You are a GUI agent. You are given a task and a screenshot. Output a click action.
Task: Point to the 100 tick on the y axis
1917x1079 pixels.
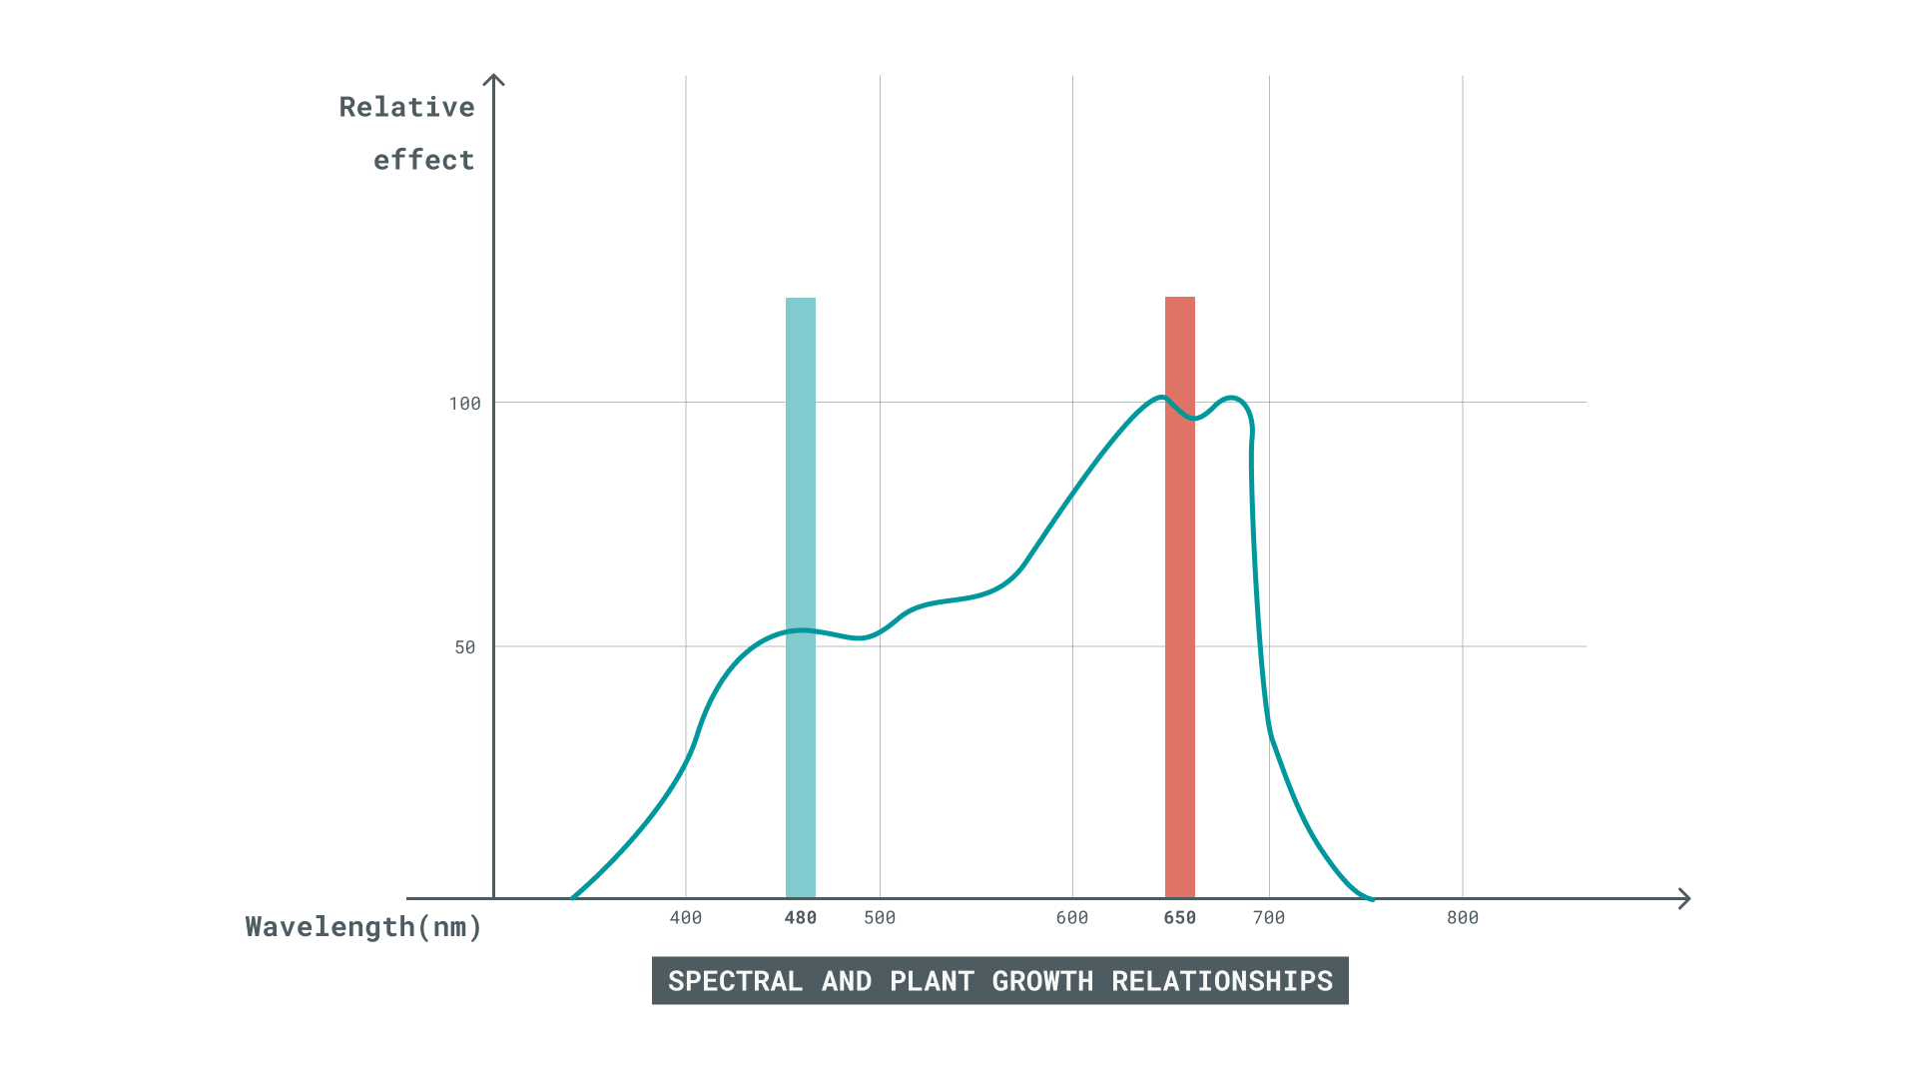465,404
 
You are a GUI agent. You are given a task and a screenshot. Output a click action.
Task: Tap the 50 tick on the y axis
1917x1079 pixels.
465,647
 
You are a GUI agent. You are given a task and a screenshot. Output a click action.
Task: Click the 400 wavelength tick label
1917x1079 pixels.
686,918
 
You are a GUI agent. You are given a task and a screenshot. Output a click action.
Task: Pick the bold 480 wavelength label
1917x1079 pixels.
801,918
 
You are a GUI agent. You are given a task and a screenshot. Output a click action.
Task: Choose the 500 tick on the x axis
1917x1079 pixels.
880,918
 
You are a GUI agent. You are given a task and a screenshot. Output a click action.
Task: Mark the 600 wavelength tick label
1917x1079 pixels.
1072,918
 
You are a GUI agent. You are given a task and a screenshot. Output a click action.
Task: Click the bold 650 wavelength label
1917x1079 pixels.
1180,918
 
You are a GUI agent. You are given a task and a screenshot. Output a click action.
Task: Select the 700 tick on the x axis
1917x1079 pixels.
1269,918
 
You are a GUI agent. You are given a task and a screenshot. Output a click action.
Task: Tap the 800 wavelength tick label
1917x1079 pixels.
1463,918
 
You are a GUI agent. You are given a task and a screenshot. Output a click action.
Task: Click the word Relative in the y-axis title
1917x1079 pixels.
406,107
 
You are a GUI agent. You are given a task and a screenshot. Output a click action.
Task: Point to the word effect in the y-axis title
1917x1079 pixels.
423,160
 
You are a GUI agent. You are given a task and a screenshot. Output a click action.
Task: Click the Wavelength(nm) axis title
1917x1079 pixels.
363,927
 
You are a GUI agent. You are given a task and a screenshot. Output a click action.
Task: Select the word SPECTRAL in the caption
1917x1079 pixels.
735,981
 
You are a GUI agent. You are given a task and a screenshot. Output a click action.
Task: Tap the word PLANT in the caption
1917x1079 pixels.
932,981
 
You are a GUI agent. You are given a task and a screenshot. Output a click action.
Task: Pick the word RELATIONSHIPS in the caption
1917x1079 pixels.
1222,981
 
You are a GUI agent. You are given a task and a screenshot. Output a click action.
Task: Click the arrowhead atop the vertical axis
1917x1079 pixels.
493,79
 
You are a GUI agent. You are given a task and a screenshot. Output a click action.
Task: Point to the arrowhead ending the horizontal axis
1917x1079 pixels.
1684,899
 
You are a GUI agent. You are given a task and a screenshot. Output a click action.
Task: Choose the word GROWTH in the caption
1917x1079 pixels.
1042,981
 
